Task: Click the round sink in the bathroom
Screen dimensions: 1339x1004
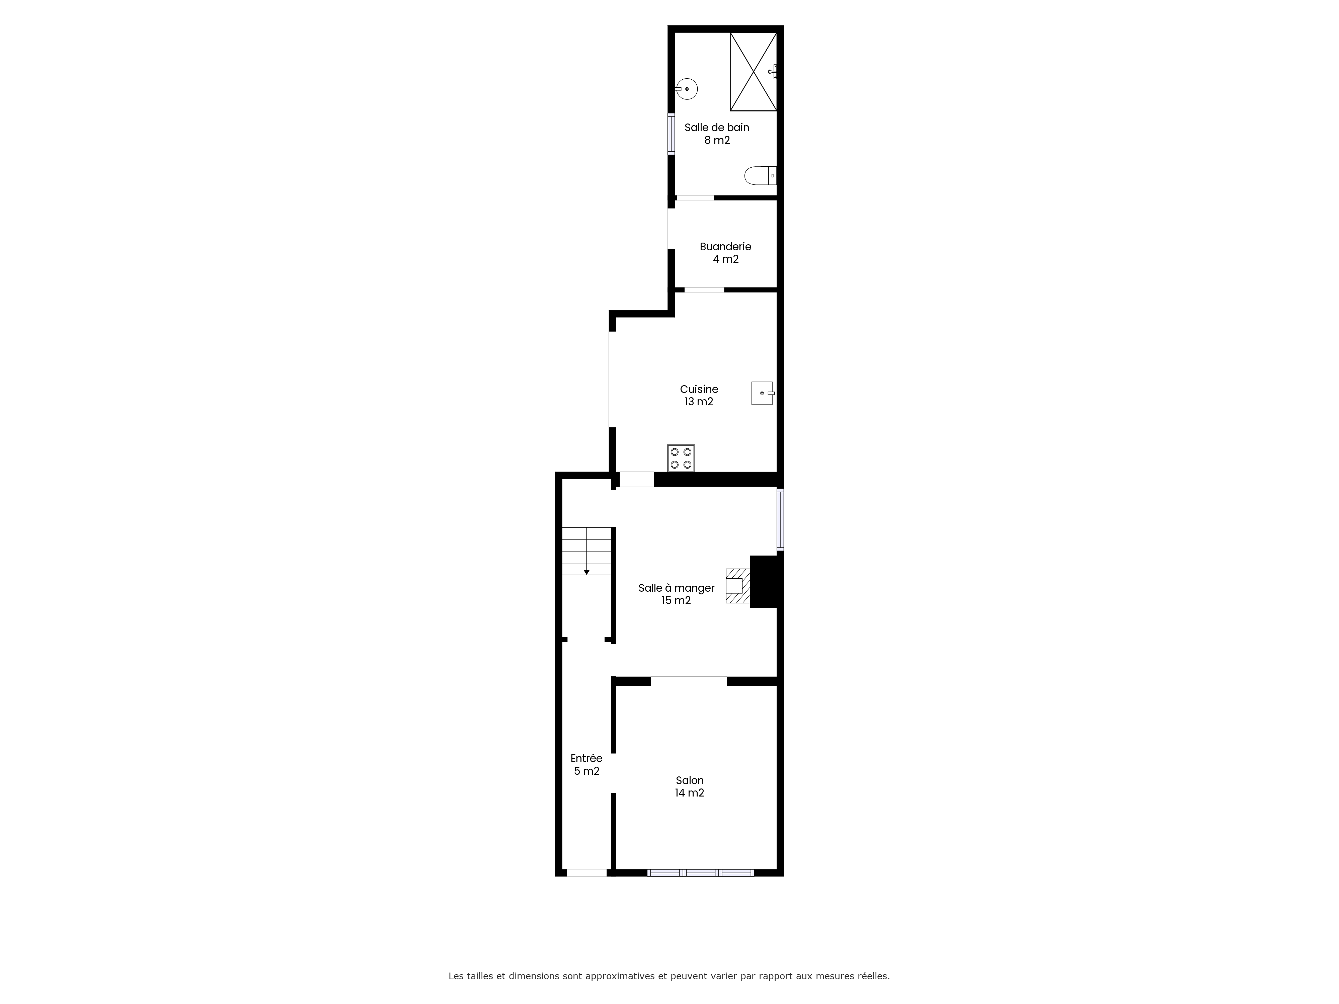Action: [687, 89]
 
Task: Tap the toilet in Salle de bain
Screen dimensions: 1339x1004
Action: [760, 175]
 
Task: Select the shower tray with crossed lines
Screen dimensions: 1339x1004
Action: [753, 71]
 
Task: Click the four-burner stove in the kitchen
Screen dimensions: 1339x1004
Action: [681, 458]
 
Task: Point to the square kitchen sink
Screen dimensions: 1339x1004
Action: [763, 393]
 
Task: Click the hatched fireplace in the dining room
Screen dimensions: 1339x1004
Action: [738, 586]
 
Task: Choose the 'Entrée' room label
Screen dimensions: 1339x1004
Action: [586, 758]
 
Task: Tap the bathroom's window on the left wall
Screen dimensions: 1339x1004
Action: [671, 134]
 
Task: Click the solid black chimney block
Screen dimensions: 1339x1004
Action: [766, 581]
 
